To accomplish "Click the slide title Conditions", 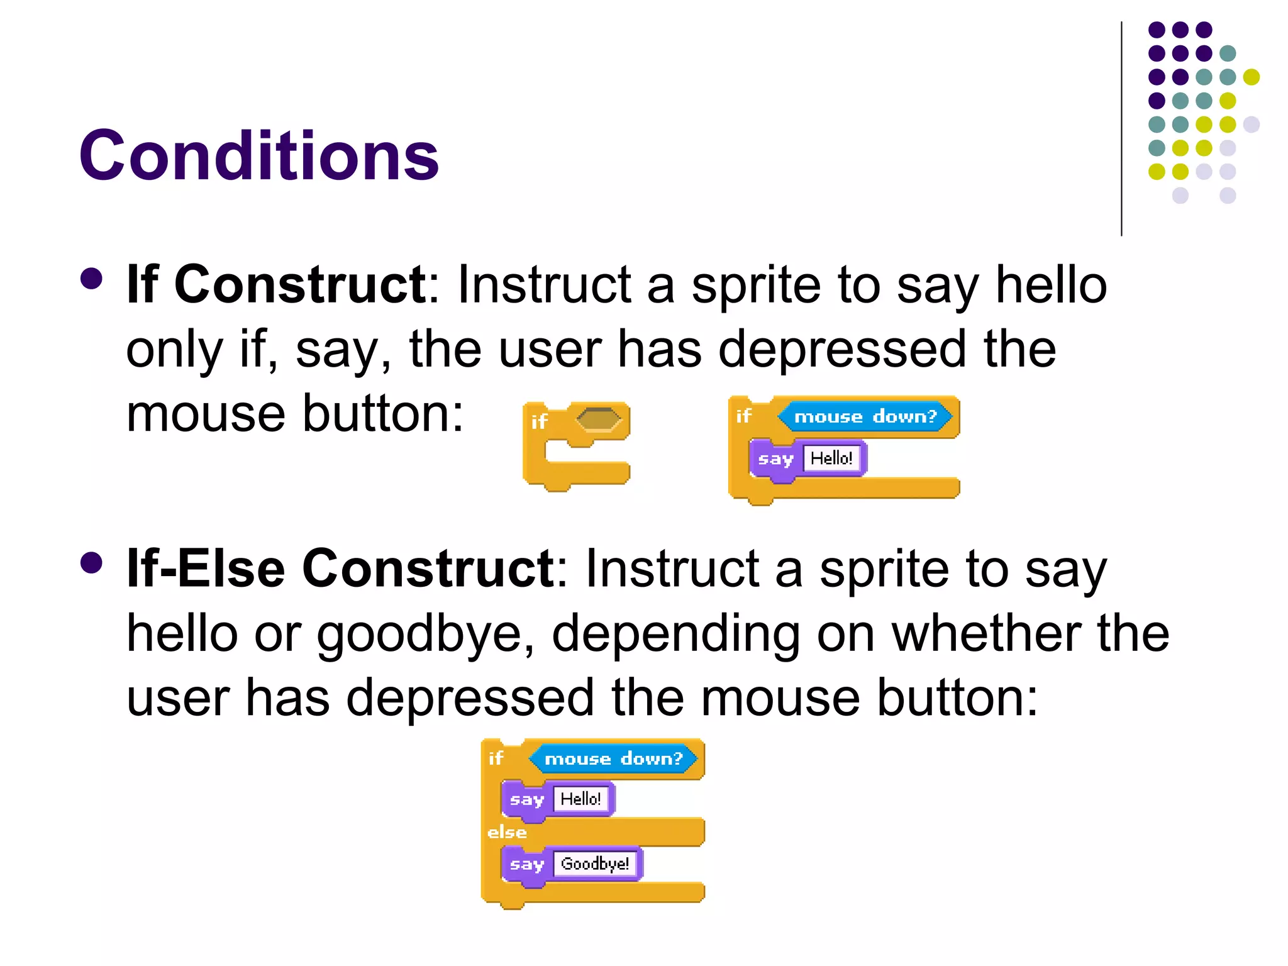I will point(258,156).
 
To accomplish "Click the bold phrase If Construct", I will point(276,285).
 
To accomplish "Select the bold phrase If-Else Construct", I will point(340,569).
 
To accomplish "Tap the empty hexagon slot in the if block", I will point(598,419).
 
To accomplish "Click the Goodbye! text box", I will point(594,863).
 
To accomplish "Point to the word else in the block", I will point(507,833).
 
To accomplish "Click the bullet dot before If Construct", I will point(92,279).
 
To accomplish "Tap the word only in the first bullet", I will point(175,350).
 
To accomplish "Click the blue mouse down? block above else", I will point(613,759).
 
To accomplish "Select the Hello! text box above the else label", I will point(580,799).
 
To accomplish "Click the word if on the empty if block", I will point(539,421).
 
